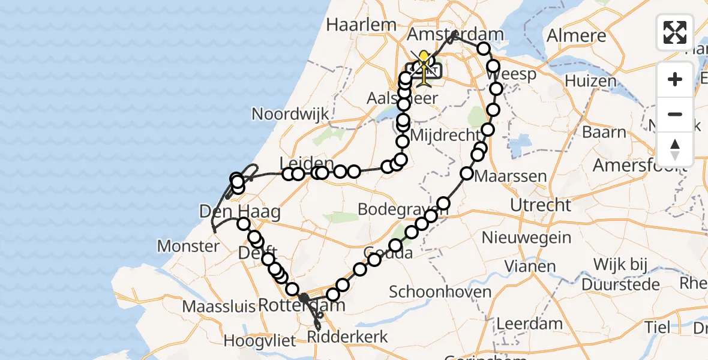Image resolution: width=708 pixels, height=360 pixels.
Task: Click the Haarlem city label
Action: tap(361, 25)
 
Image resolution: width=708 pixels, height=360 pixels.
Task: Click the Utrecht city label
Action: tap(541, 205)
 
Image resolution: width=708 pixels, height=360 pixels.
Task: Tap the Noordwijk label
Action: tap(290, 114)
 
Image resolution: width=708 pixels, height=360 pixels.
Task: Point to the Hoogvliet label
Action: tap(260, 341)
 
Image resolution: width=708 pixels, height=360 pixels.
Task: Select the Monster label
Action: tap(188, 246)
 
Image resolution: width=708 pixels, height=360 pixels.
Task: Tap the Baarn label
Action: tap(604, 132)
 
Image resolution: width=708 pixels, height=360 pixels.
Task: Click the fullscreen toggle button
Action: tap(675, 32)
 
